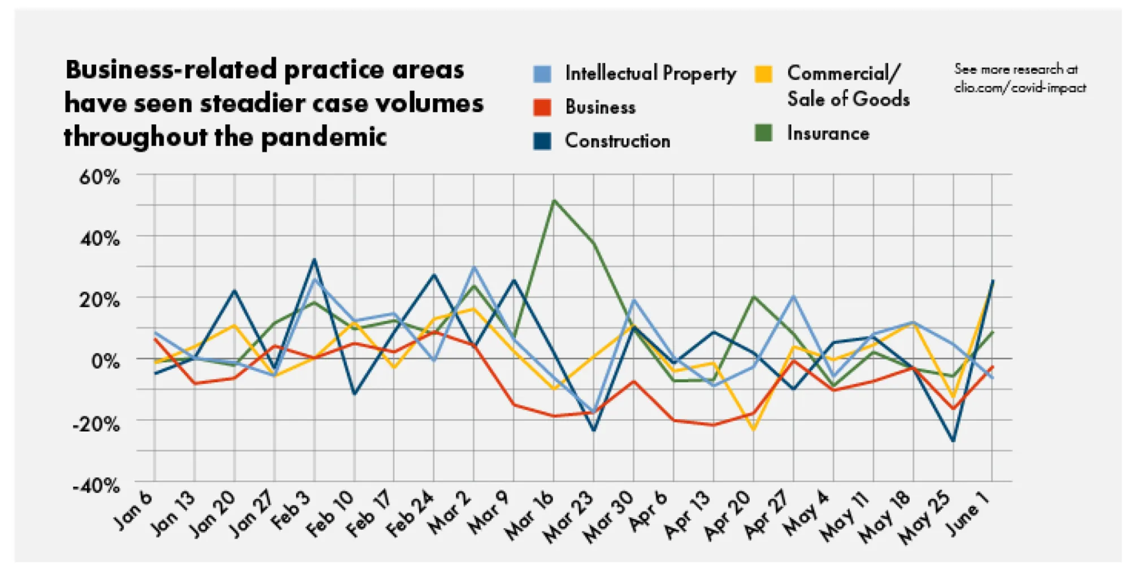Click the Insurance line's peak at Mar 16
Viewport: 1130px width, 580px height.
(554, 200)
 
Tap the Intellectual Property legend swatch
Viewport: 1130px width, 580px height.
(542, 74)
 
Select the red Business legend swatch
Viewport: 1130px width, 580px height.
(542, 107)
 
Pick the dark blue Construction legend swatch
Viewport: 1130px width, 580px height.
(542, 141)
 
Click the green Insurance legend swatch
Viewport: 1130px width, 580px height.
(763, 133)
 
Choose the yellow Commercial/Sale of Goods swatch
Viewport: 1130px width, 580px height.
(763, 74)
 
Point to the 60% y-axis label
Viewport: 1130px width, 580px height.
(99, 177)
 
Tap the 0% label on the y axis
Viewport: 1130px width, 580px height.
(106, 360)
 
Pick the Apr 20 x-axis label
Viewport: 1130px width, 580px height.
(728, 514)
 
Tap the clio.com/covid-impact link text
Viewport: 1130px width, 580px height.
(1020, 88)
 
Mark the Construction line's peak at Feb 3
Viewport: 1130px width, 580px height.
(315, 260)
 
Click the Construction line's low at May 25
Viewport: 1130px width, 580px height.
(953, 441)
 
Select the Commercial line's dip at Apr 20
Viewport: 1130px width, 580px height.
(754, 430)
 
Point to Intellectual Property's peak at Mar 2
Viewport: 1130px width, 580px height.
(474, 267)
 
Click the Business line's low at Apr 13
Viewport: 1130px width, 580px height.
(714, 425)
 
